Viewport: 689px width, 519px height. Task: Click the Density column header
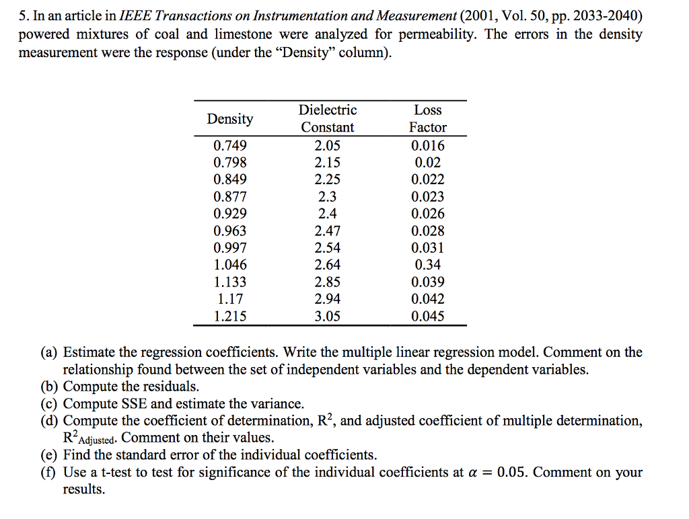coord(230,119)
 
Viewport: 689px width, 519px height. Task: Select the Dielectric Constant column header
coord(328,118)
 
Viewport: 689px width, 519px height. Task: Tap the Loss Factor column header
coord(428,118)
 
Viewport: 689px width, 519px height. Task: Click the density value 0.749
coord(230,145)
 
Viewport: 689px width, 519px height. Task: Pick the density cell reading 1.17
coord(230,299)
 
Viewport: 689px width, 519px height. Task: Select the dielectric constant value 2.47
coord(328,231)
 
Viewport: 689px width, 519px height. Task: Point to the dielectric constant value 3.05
coord(328,316)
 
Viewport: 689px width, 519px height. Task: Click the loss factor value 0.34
coord(428,265)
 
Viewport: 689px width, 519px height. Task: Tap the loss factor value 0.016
coord(428,145)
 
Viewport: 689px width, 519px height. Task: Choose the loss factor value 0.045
coord(428,316)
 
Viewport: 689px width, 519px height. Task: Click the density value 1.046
coord(230,265)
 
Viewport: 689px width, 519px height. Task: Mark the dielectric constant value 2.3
coord(328,196)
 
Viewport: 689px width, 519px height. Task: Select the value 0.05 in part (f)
coord(513,472)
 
